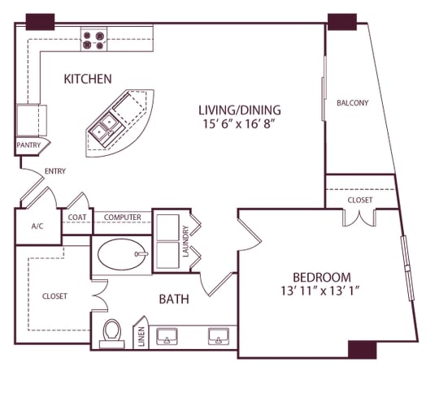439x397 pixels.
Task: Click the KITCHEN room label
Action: coord(87,79)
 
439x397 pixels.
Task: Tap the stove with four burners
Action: coord(93,40)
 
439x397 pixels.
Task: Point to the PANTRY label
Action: coord(28,146)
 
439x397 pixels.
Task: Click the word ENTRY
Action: coord(54,171)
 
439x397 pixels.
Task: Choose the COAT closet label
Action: coord(77,218)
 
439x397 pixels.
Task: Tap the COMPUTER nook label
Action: coord(123,218)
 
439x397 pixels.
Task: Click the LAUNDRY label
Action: coord(186,241)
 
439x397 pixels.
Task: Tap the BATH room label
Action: coord(174,300)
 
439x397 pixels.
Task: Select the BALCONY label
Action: coord(353,103)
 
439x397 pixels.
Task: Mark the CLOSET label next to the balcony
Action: coord(359,200)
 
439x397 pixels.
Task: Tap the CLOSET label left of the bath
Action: coord(54,296)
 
